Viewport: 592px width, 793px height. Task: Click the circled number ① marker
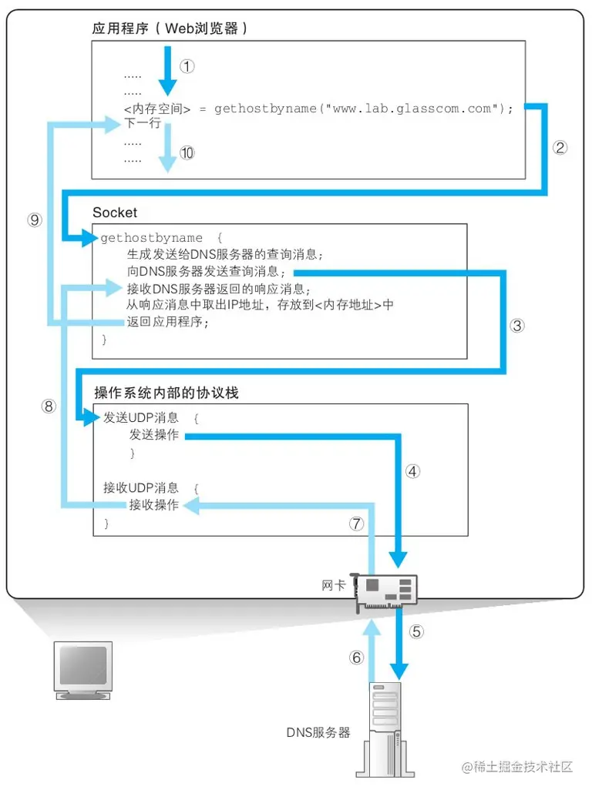point(187,66)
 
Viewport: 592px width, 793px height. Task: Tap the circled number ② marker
point(560,148)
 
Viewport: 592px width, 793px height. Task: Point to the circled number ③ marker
point(518,326)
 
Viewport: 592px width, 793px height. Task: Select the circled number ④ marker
point(413,471)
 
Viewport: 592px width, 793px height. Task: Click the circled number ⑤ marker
point(416,631)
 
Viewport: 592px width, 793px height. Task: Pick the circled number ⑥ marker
point(355,657)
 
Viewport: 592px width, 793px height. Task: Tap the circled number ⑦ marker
point(355,524)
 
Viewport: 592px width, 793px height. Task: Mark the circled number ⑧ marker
point(49,407)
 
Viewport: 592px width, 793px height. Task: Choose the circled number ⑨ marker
point(34,219)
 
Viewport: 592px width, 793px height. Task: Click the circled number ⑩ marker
point(187,152)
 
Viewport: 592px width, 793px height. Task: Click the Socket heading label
point(115,212)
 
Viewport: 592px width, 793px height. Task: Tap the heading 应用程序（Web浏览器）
point(170,28)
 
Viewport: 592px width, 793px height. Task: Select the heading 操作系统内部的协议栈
point(166,393)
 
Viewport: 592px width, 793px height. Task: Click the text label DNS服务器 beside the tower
point(318,731)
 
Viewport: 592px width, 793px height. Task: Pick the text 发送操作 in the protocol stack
point(154,436)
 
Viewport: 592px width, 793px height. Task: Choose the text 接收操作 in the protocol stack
point(154,505)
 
